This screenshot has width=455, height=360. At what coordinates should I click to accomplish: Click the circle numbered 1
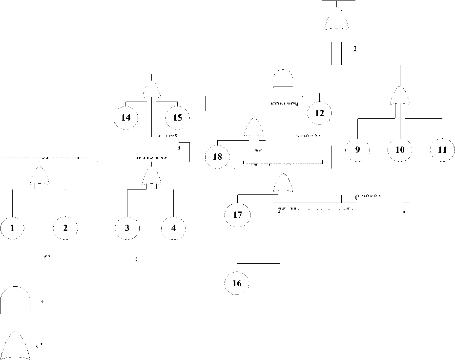tap(12, 228)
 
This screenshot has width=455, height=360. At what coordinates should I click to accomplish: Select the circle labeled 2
tap(65, 228)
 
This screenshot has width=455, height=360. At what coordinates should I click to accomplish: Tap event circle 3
tap(127, 228)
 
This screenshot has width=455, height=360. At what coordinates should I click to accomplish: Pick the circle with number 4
tap(173, 228)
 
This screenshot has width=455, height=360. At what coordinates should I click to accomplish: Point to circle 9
tap(358, 150)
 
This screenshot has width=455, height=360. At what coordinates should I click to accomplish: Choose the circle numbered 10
tap(400, 150)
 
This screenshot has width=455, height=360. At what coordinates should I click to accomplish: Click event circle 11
tap(442, 150)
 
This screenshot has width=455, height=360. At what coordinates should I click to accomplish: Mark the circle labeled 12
tap(320, 113)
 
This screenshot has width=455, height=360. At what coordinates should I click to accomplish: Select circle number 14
tap(125, 118)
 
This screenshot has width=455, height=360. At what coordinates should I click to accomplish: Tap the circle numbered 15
tap(177, 118)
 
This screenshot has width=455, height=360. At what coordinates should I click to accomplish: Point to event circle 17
tap(237, 215)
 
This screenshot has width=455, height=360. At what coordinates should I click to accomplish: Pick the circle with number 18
tap(218, 157)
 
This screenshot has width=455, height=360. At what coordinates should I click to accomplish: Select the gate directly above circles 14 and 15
tap(152, 90)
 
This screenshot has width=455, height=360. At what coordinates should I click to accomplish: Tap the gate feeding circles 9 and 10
tap(400, 96)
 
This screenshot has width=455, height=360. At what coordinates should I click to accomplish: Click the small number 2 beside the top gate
tap(355, 49)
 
